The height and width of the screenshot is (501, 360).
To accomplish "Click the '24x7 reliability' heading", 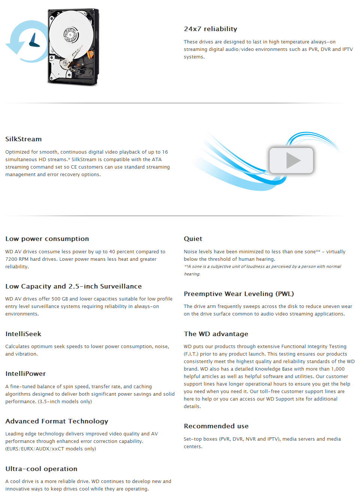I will tap(210, 29).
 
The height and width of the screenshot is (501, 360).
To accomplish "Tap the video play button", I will tap(291, 160).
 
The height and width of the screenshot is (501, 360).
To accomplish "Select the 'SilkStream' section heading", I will tap(23, 139).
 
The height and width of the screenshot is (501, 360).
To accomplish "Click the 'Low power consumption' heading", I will tap(47, 239).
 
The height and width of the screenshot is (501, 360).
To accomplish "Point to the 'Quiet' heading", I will tap(193, 239).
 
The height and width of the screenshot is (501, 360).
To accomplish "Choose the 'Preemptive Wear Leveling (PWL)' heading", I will tap(238, 294).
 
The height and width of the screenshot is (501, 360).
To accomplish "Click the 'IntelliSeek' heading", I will tap(23, 334).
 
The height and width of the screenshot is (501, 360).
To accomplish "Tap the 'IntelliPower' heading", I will tap(25, 374).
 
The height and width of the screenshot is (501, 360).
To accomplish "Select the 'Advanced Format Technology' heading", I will tap(57, 421).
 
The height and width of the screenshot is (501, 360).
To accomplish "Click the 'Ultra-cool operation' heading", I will tap(41, 469).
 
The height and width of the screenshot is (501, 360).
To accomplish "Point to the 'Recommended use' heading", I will tap(216, 426).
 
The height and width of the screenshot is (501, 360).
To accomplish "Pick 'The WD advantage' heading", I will tap(216, 334).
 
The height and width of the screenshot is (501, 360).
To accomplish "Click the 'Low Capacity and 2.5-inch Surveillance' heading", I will tap(73, 286).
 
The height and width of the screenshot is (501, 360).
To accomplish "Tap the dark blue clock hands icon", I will tap(34, 40).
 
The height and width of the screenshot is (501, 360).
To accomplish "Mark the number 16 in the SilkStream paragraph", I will tap(165, 152).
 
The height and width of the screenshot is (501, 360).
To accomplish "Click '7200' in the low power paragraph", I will tap(11, 259).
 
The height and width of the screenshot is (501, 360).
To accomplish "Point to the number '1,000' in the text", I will tap(337, 369).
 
